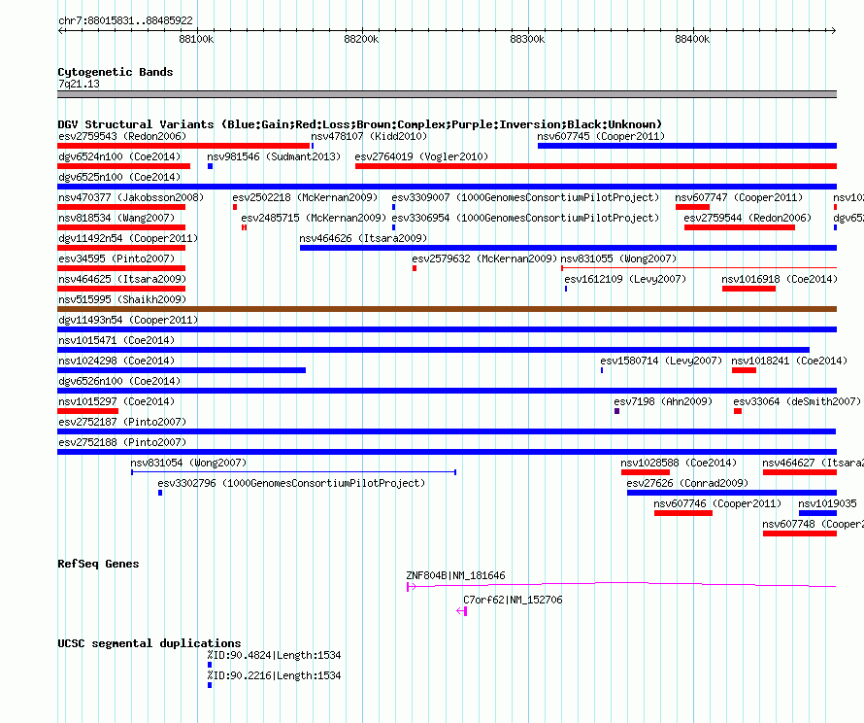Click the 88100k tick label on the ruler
tap(196, 39)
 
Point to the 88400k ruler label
tap(692, 39)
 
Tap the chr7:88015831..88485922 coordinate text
tap(125, 20)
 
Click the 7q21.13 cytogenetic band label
tap(79, 84)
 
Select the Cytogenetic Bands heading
tap(116, 72)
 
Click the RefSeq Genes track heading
tap(98, 564)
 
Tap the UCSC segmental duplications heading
tap(150, 643)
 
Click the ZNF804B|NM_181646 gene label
tap(455, 575)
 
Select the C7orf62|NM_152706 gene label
tap(513, 600)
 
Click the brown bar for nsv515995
tap(447, 309)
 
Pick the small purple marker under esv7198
tap(616, 411)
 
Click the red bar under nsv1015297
tap(87, 411)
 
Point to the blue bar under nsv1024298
tap(182, 370)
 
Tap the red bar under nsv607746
tap(683, 513)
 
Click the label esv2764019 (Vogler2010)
tap(421, 156)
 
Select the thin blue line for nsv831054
tap(294, 472)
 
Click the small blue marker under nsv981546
tap(210, 166)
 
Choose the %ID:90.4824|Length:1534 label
tap(274, 655)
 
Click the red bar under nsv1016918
tap(748, 289)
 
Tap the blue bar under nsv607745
tap(687, 146)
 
